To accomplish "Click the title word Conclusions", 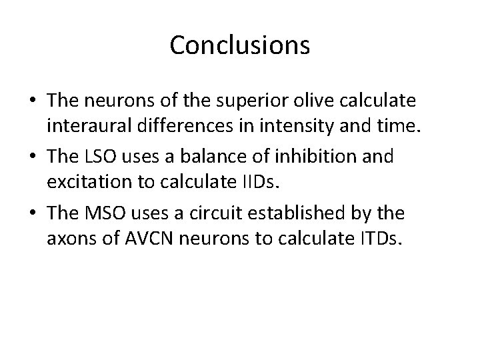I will pos(239,45).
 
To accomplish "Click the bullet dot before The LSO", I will pos(33,157).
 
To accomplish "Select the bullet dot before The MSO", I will pos(33,213).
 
